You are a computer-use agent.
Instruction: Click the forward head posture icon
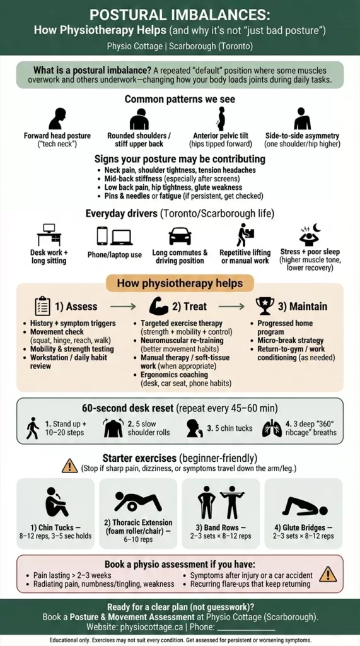click(x=57, y=119)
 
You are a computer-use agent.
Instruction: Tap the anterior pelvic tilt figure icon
click(x=221, y=119)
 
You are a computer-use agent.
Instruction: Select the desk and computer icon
click(x=49, y=235)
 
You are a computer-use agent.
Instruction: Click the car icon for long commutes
click(x=180, y=236)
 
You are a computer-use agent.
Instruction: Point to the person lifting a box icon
click(x=245, y=235)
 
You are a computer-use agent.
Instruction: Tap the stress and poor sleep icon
click(x=308, y=234)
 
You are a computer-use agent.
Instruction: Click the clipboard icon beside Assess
click(x=43, y=306)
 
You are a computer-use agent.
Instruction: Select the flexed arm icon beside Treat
click(x=158, y=306)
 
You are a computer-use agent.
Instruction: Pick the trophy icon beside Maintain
click(x=265, y=306)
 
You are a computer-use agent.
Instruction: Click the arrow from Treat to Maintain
click(x=231, y=307)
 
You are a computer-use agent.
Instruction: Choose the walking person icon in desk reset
click(x=33, y=428)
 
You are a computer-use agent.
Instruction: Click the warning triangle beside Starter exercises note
click(x=69, y=466)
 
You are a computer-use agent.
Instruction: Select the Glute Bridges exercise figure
click(x=304, y=506)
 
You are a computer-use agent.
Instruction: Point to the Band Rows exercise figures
click(x=221, y=502)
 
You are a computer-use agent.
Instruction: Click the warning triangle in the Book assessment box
click(x=328, y=573)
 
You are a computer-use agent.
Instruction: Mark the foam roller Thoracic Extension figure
click(x=138, y=502)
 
